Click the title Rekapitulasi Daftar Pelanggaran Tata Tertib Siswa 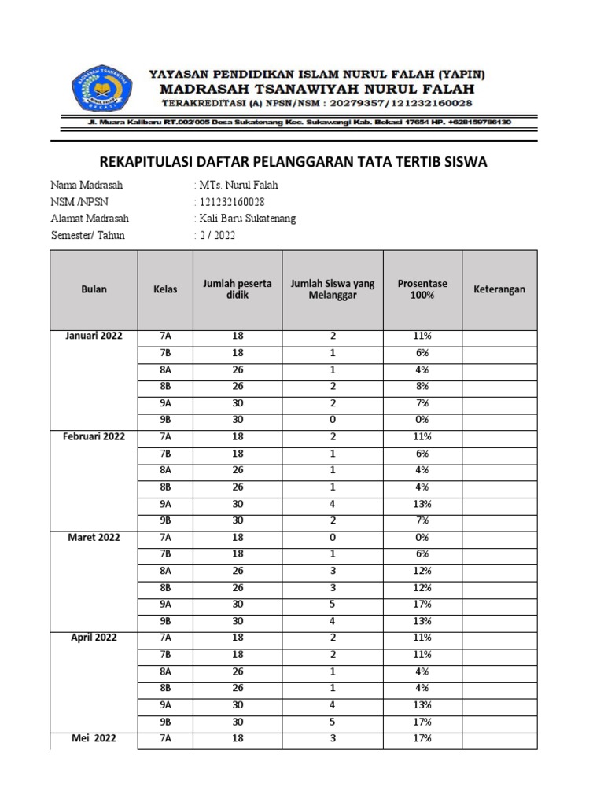(x=294, y=162)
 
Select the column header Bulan (x=94, y=289)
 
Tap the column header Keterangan (x=499, y=289)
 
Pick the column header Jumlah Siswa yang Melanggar (x=333, y=289)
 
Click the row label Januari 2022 (x=94, y=336)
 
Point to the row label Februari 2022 (x=94, y=437)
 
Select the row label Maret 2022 (x=94, y=538)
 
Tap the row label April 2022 (x=94, y=638)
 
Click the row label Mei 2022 (x=94, y=739)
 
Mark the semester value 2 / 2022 (x=216, y=235)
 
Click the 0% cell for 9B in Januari (x=422, y=420)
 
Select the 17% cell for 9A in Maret (x=422, y=605)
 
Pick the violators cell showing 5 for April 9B (x=333, y=722)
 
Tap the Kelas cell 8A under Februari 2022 (x=165, y=470)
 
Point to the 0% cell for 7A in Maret (x=422, y=538)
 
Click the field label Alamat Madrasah (x=90, y=219)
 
